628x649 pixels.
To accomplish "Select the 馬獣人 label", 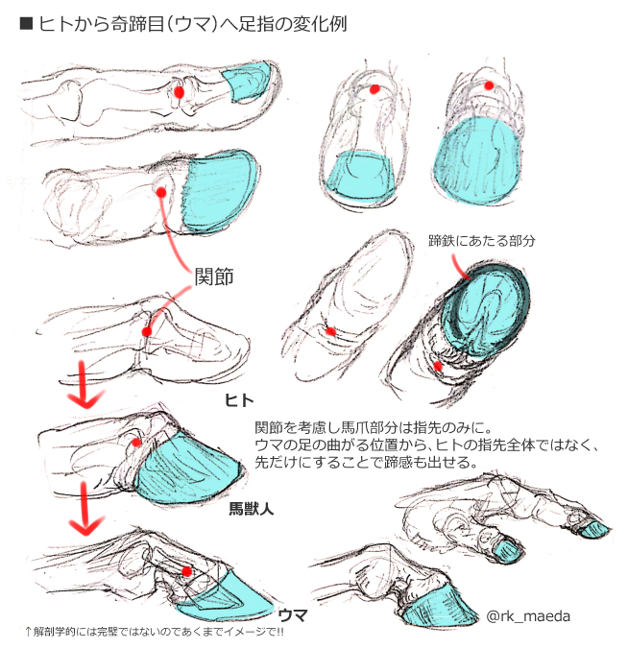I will [x=251, y=510].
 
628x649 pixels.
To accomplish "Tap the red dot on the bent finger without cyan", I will [x=146, y=332].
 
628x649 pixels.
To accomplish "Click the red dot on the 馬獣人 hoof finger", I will [x=137, y=443].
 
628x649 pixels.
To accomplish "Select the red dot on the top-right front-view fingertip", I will [x=489, y=86].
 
